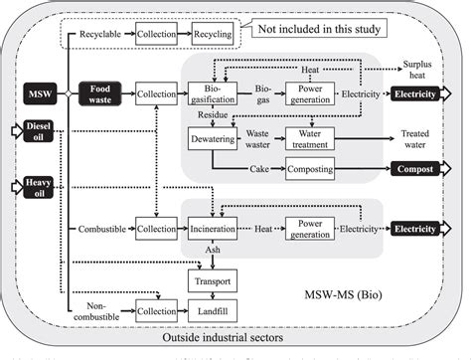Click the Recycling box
point(212,34)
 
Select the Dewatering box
point(211,139)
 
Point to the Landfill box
point(212,312)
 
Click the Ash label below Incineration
point(212,251)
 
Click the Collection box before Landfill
point(156,312)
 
